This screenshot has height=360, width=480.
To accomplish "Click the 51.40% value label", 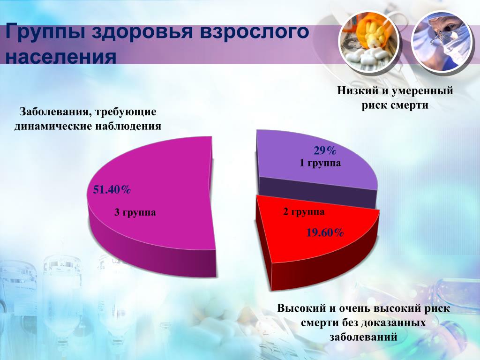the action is tap(112, 190).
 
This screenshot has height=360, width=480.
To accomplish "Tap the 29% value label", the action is tap(325, 150).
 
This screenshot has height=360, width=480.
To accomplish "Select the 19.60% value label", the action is tap(325, 233).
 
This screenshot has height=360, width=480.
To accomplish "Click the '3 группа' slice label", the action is tap(135, 212).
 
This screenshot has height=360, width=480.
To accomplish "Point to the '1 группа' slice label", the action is tap(320, 163).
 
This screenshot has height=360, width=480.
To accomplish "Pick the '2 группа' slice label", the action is tap(304, 212).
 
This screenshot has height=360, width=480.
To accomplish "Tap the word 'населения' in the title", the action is tap(61, 56).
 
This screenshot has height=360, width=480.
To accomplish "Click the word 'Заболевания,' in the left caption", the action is tap(55, 112).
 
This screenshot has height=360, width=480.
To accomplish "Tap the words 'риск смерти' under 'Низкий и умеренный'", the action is tap(395, 105).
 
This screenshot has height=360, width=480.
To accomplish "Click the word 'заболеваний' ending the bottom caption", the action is tap(363, 337).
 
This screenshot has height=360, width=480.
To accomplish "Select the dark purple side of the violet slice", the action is tap(318, 191).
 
